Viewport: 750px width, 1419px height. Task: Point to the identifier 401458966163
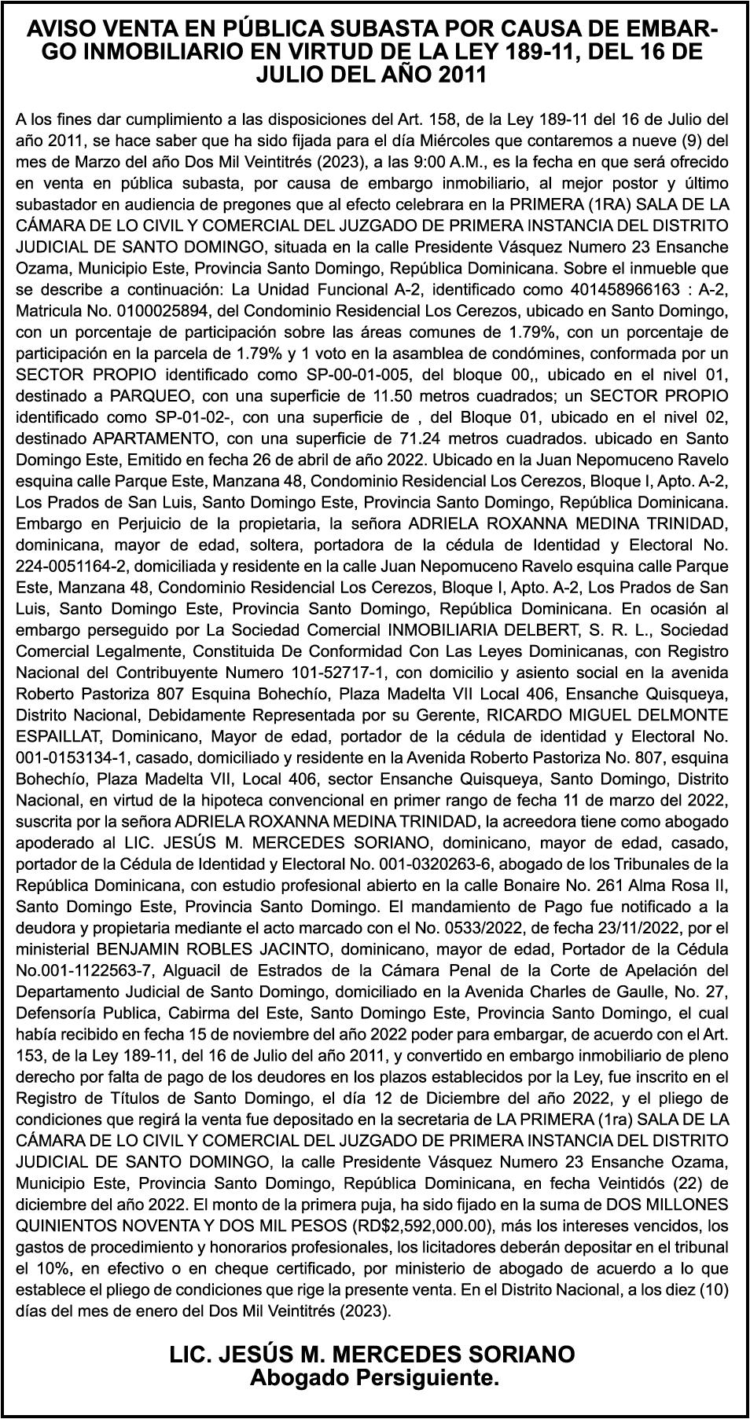point(618,290)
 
